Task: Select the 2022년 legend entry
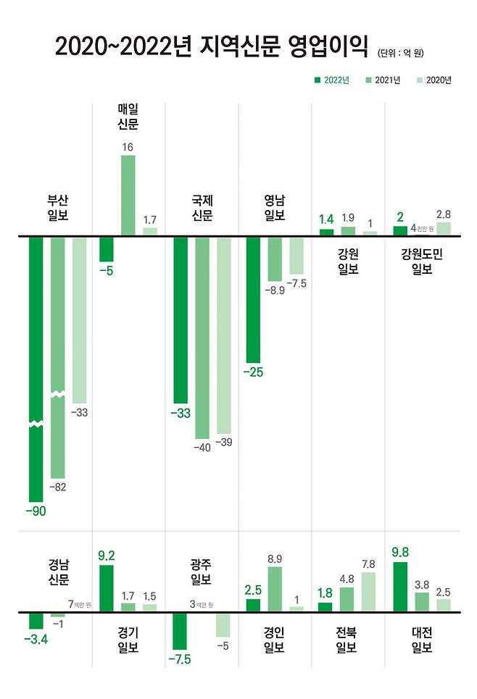pyautogui.click(x=331, y=80)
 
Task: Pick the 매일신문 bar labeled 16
pyautogui.click(x=128, y=195)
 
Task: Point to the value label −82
pyautogui.click(x=57, y=487)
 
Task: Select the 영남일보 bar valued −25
pyautogui.click(x=253, y=298)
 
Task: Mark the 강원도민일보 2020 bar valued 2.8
pyautogui.click(x=443, y=228)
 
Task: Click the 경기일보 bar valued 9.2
pyautogui.click(x=106, y=587)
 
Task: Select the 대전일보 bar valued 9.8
pyautogui.click(x=399, y=586)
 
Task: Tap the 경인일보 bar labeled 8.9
pyautogui.click(x=275, y=589)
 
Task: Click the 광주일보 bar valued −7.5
pyautogui.click(x=180, y=631)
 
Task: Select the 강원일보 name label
pyautogui.click(x=348, y=261)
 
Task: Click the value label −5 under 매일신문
pyautogui.click(x=107, y=272)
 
